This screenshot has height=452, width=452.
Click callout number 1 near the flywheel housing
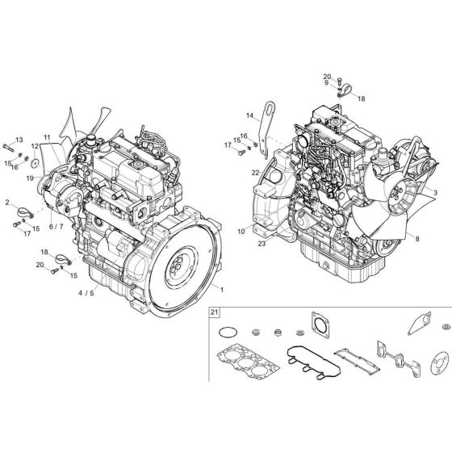pos(223,289)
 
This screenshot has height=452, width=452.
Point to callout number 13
pos(20,140)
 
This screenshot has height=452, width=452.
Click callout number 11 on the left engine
pos(47,139)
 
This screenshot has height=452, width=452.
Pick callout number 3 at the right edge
pos(436,193)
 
